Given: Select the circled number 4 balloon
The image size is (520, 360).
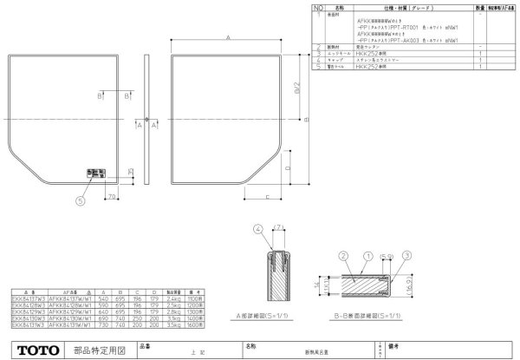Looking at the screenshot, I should [x=257, y=229].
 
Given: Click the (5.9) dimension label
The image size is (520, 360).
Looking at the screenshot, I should [x=387, y=258].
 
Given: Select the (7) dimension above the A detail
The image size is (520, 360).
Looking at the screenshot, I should [x=278, y=229].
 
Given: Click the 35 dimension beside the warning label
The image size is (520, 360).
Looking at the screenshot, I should [x=129, y=173].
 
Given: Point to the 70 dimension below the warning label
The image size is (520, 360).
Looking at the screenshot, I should [x=114, y=198].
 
